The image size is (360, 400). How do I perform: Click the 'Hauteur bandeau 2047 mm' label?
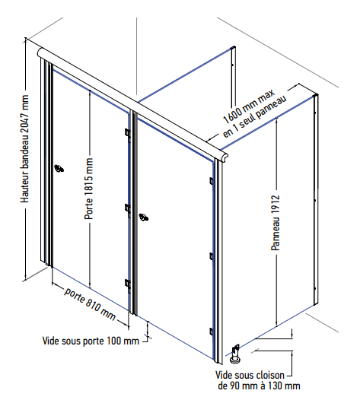coord(24,149)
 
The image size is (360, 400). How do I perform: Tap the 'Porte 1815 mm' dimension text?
coord(88,189)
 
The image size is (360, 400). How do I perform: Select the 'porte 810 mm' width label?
coord(90,304)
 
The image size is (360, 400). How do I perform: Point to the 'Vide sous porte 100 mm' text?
coord(91,341)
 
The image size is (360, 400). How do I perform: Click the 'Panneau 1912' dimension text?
coord(276,223)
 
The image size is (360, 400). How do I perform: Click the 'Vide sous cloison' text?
coord(250,375)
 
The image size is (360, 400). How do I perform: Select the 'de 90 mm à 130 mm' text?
coord(259,386)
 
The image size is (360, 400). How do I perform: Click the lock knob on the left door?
coord(59,168)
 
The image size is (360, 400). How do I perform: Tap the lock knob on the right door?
coord(144,217)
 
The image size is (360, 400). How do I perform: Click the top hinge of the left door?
coord(128,133)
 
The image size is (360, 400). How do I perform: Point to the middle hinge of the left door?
coord(128,208)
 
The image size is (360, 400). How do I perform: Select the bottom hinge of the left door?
coord(128,284)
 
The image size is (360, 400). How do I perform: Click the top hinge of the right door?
coord(211,181)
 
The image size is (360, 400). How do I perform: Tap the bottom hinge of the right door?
coord(211,332)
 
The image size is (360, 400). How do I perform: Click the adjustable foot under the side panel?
coord(235,354)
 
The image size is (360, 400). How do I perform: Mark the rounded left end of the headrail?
coord(41,52)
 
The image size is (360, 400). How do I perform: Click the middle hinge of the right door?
coord(211,256)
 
